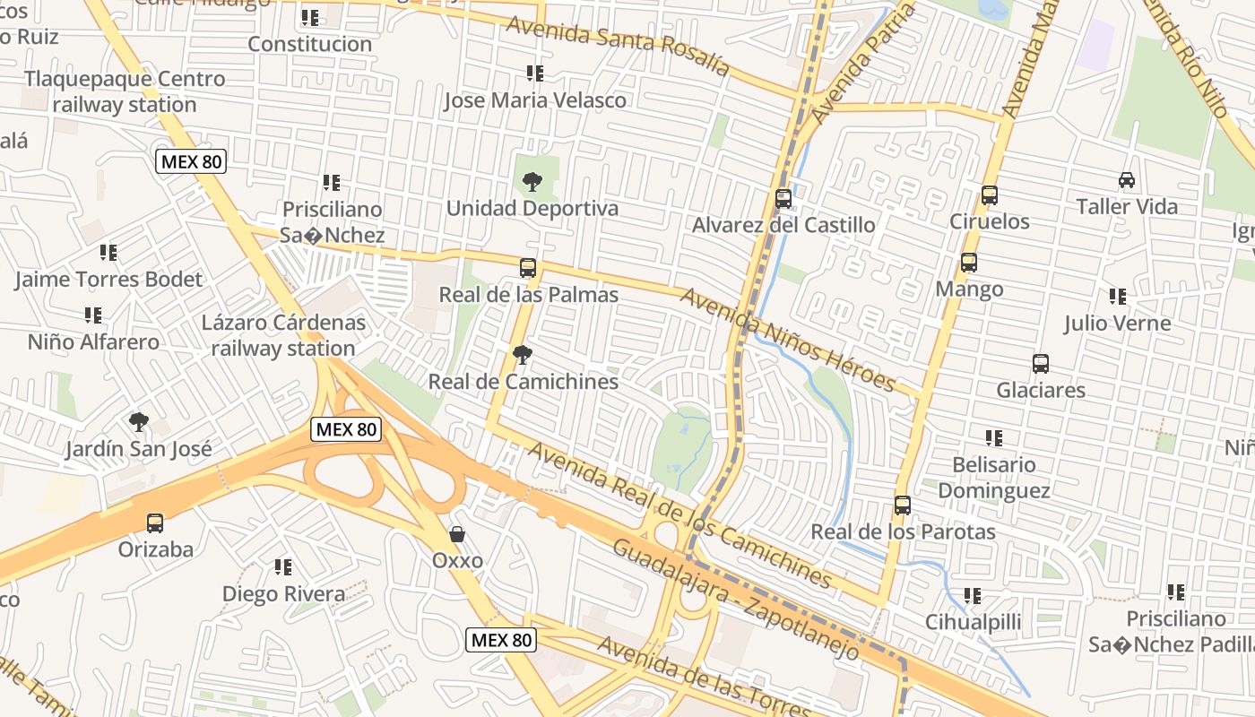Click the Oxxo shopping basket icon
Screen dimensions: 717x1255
[x=457, y=534]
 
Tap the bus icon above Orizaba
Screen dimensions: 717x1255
[x=155, y=523]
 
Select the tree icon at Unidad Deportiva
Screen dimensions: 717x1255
[x=532, y=182]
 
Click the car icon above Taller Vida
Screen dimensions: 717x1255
[x=1127, y=180]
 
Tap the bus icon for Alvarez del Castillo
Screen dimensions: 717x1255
[x=783, y=198]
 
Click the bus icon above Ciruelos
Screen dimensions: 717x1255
[x=989, y=194]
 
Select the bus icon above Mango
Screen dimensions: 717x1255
[x=968, y=263]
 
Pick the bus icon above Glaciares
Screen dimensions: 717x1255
[x=1040, y=364]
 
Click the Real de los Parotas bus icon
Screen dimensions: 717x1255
[x=902, y=505]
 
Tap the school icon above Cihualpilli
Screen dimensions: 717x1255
[x=972, y=595]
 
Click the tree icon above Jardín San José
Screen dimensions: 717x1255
[x=138, y=421]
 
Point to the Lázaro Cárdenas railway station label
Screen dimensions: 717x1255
[x=283, y=335]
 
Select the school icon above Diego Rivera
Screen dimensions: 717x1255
[x=282, y=567]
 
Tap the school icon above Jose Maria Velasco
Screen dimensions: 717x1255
[x=534, y=73]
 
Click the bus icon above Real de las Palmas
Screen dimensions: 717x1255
[x=527, y=268]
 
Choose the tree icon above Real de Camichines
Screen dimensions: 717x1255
[x=522, y=355]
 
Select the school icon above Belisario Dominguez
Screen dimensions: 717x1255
[x=993, y=438]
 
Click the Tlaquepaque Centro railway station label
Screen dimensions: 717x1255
[x=125, y=91]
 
